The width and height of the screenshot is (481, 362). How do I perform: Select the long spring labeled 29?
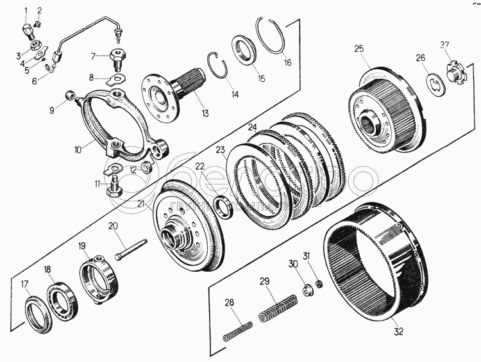click(x=278, y=307)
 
